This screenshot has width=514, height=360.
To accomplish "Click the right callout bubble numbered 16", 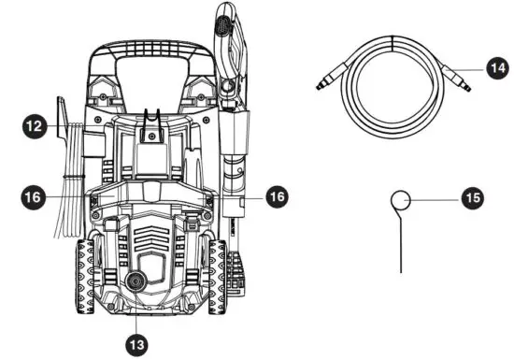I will pyautogui.click(x=277, y=196).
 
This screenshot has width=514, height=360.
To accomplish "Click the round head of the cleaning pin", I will pyautogui.click(x=402, y=201).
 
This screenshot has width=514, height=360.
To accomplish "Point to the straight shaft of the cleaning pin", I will pyautogui.click(x=402, y=243).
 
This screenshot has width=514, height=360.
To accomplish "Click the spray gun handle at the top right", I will pyautogui.click(x=230, y=47).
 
